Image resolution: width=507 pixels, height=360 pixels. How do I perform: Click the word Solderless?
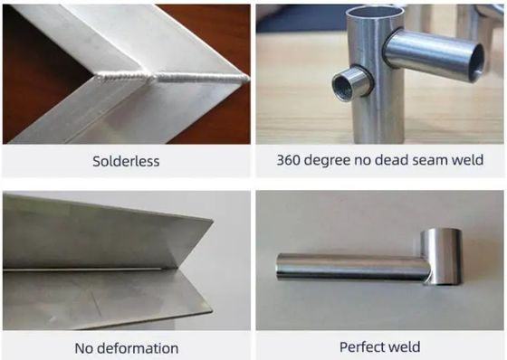pyautogui.click(x=126, y=161)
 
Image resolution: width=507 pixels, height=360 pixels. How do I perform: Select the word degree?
pyautogui.click(x=327, y=161)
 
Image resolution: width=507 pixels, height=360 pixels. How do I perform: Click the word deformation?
pyautogui.click(x=138, y=348)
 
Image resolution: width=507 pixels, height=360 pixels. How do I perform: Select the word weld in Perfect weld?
pyautogui.click(x=404, y=347)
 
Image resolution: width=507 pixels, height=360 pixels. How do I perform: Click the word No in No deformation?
pyautogui.click(x=83, y=348)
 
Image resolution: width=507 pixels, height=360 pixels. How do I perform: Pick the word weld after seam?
pyautogui.click(x=467, y=159)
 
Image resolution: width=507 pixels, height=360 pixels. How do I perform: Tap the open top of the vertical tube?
pyautogui.click(x=375, y=11)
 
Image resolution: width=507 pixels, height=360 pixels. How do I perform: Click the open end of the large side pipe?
pyautogui.click(x=477, y=63)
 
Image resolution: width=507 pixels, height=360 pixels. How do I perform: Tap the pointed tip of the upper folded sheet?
pyautogui.click(x=212, y=221)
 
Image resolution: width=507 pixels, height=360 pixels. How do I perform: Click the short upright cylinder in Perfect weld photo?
pyautogui.click(x=442, y=257)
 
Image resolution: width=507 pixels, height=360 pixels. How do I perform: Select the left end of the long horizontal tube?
pyautogui.click(x=278, y=267)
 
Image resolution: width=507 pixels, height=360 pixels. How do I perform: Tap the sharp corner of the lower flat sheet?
pyautogui.click(x=212, y=311)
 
